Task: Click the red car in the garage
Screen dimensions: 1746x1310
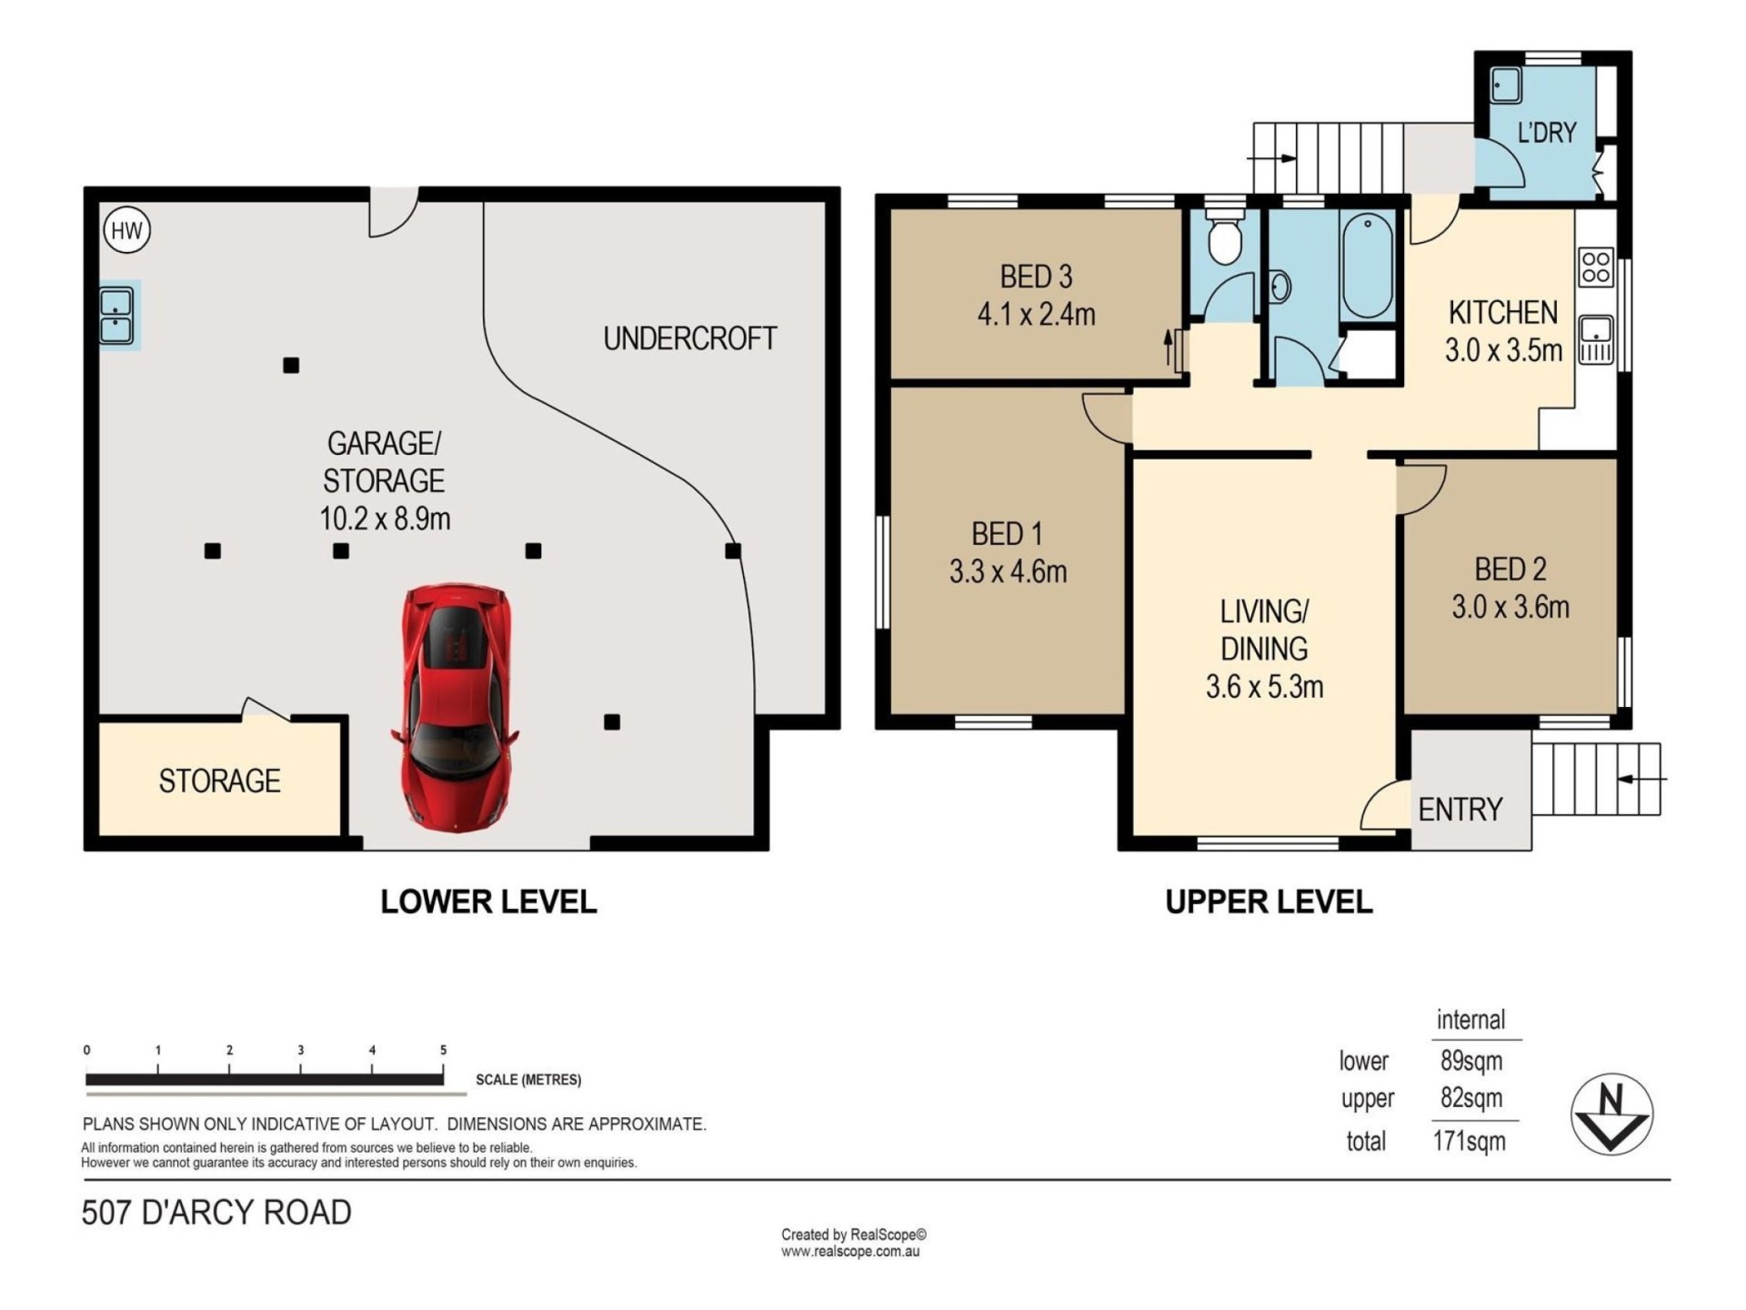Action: click(455, 707)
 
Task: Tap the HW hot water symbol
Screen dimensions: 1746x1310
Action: click(126, 230)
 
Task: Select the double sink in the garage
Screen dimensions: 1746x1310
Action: click(116, 316)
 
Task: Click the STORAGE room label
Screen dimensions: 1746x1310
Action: click(219, 781)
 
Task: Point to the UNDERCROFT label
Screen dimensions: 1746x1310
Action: click(690, 338)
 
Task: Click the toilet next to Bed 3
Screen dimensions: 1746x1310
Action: click(1225, 238)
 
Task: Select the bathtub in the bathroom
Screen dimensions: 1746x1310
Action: click(1368, 265)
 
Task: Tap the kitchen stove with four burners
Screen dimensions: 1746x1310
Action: click(1596, 267)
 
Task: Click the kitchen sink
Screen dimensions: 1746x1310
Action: click(1596, 339)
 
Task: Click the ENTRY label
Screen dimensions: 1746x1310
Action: click(1460, 809)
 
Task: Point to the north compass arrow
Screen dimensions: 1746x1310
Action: click(1611, 1114)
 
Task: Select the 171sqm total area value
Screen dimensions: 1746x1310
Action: click(1470, 1141)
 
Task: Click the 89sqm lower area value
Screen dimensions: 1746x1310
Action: click(1471, 1061)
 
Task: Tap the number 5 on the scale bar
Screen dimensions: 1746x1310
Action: click(444, 1050)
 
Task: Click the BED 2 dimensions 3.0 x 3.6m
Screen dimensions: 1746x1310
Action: click(1510, 607)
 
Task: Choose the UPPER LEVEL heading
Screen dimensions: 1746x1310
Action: click(1269, 902)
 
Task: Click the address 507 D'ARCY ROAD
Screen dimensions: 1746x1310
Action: click(216, 1213)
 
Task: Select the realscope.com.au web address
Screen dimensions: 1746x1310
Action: click(850, 1252)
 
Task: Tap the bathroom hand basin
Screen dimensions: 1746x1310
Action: click(1279, 287)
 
